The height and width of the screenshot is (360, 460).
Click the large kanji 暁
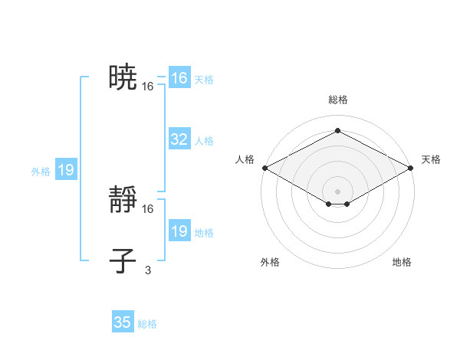pyautogui.click(x=123, y=77)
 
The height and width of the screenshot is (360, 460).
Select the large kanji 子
pyautogui.click(x=123, y=260)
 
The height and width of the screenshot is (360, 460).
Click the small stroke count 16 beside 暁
pyautogui.click(x=148, y=87)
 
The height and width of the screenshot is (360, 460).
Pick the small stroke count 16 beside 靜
pyautogui.click(x=148, y=209)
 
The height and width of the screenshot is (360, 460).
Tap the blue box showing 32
pyautogui.click(x=179, y=139)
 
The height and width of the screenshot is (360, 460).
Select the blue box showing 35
pyautogui.click(x=123, y=322)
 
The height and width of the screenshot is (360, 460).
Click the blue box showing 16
pyautogui.click(x=179, y=78)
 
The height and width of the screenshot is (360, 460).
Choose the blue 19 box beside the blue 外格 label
pyautogui.click(x=66, y=170)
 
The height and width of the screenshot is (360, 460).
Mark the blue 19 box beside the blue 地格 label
pyautogui.click(x=179, y=231)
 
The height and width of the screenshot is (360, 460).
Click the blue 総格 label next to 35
pyautogui.click(x=147, y=324)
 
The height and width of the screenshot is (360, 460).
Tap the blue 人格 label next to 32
pyautogui.click(x=204, y=141)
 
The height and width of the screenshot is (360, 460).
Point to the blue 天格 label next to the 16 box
pyautogui.click(x=204, y=80)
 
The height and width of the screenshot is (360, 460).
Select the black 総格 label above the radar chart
pyautogui.click(x=338, y=100)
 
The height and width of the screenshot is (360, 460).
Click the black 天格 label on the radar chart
pyautogui.click(x=431, y=159)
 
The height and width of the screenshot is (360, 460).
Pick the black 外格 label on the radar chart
pyautogui.click(x=270, y=262)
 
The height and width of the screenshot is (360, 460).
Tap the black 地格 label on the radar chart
pyautogui.click(x=402, y=262)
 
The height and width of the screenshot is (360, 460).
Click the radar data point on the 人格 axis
pyautogui.click(x=264, y=167)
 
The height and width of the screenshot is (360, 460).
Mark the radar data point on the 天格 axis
pyautogui.click(x=412, y=167)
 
